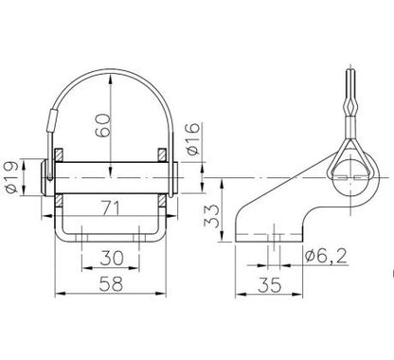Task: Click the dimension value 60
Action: pos(103,125)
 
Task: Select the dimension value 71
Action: pos(112,208)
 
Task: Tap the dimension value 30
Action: pos(112,258)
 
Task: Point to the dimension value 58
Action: pos(111,283)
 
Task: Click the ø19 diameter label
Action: pos(12,178)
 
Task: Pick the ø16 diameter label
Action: pos(193,138)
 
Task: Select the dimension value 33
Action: pos(211,216)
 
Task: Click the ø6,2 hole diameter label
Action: pos(326,256)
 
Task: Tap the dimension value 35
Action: pos(269,285)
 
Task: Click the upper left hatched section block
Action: pos(59,154)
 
